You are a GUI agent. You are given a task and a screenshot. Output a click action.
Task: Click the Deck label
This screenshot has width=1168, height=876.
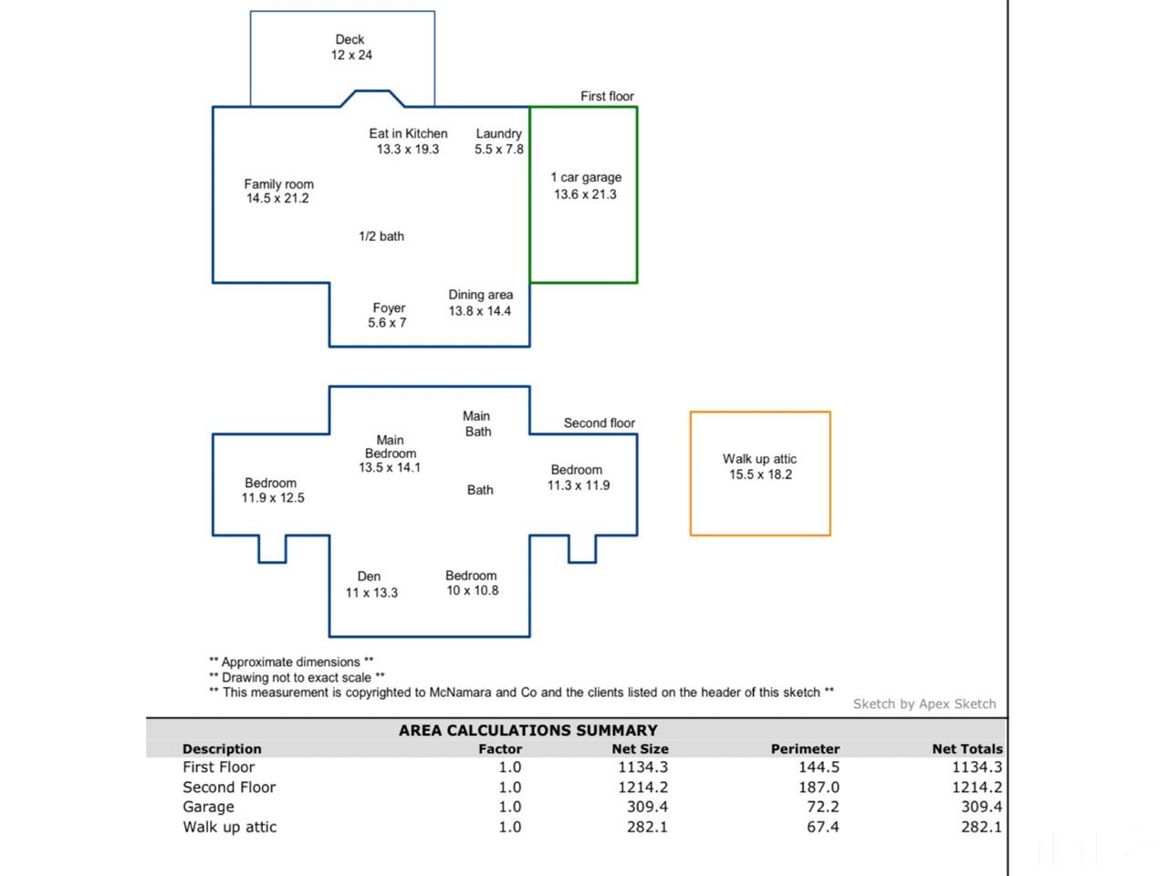click(x=349, y=39)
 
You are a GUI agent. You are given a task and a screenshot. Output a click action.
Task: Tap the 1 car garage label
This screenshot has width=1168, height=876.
click(x=586, y=177)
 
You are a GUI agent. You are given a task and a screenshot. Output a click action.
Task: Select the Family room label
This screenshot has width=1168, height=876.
click(x=278, y=183)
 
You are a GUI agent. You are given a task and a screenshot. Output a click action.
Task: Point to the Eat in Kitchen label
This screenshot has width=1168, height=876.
click(x=408, y=133)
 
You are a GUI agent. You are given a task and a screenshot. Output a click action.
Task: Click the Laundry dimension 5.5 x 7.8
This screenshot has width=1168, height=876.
click(x=498, y=150)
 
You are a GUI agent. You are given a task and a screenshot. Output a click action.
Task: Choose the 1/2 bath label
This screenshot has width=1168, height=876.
click(x=381, y=236)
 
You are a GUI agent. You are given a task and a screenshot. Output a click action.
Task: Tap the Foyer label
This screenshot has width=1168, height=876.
click(x=389, y=308)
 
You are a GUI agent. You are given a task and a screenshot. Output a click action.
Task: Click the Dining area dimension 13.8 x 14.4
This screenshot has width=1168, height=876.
click(x=479, y=311)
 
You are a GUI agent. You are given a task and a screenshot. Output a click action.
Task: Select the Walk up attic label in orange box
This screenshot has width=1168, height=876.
click(x=759, y=459)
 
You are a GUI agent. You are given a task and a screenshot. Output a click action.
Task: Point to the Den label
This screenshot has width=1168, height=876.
click(x=369, y=576)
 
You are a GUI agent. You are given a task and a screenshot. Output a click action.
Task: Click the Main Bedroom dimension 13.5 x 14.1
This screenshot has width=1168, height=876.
click(x=390, y=468)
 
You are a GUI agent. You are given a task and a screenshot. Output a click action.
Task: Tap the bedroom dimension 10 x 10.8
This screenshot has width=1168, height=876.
click(x=472, y=590)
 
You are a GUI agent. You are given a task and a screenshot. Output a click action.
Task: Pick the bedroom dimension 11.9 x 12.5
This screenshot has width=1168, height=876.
click(x=273, y=498)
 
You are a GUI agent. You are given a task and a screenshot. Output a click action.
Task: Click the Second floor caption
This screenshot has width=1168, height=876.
click(x=599, y=422)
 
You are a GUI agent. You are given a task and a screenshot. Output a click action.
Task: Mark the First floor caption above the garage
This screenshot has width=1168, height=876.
click(x=607, y=96)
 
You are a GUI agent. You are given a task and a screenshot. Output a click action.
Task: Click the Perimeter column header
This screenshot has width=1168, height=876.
click(x=805, y=748)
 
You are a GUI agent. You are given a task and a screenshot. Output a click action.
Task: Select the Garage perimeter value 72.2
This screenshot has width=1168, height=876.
click(x=819, y=807)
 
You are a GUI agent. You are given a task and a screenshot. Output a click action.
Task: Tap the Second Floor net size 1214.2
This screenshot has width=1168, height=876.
click(x=642, y=787)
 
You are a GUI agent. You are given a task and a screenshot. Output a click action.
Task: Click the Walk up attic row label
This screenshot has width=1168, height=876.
click(x=229, y=827)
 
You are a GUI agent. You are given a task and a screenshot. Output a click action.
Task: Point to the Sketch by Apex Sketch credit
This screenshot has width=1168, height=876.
click(x=924, y=704)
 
